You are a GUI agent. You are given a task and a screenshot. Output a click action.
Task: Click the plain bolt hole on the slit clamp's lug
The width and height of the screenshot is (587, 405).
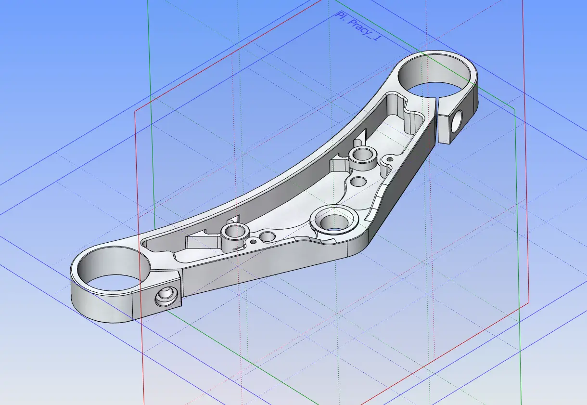point(457,121)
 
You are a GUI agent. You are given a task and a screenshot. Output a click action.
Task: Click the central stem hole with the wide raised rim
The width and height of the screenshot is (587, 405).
point(334,221)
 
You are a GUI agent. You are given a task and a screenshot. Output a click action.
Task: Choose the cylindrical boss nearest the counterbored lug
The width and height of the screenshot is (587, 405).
point(235,235)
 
